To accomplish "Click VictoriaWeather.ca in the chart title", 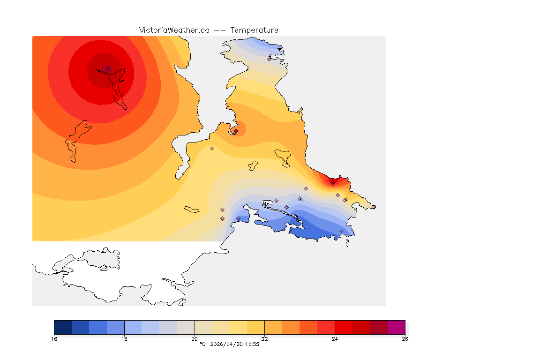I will click(x=174, y=30).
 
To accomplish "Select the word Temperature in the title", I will click(x=255, y=30).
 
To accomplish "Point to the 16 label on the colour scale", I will click(x=54, y=339).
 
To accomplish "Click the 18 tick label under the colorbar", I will click(x=124, y=339).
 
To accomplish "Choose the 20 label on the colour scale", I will click(x=195, y=339).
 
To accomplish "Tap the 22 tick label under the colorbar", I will click(x=264, y=339).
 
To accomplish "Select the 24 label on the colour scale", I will click(x=335, y=339).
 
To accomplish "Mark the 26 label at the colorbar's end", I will click(x=405, y=339).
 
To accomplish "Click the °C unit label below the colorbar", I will click(x=202, y=344).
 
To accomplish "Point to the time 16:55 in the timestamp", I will click(x=252, y=344).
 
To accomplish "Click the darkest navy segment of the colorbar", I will click(x=63, y=327).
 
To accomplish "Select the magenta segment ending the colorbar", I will click(x=396, y=327).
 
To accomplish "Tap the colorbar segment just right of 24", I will click(x=344, y=327).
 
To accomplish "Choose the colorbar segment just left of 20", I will click(x=186, y=327).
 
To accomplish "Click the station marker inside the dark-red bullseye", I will click(x=108, y=68).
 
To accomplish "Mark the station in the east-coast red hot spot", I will click(x=332, y=182).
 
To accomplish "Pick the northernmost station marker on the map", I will click(x=269, y=59).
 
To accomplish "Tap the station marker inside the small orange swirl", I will click(x=236, y=131).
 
